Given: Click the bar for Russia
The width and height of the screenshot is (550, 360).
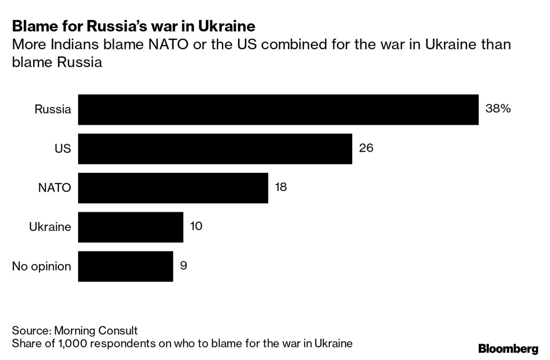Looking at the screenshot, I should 278,110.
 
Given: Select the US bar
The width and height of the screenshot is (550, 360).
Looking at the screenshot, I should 215,149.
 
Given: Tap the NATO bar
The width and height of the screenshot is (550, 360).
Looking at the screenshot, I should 173,188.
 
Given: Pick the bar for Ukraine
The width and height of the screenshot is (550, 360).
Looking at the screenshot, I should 130,227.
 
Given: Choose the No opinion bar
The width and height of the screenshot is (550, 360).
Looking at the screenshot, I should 125,266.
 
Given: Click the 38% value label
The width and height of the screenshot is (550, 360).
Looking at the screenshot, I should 498,109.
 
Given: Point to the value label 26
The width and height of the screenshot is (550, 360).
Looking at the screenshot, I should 366,148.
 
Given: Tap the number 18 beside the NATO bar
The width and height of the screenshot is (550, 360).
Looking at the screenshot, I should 281,187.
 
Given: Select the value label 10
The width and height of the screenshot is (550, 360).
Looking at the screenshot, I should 196,226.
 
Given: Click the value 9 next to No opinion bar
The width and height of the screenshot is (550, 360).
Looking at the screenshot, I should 183,265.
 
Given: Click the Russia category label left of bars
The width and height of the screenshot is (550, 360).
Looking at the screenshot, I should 52,110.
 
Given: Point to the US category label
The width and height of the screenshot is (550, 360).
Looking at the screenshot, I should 63,149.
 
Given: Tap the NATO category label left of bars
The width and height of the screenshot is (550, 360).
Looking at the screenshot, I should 54,188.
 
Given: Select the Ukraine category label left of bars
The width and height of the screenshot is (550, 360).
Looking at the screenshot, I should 50,227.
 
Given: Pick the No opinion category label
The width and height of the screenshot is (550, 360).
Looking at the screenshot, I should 41,267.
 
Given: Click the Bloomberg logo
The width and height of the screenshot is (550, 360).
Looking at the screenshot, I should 508,348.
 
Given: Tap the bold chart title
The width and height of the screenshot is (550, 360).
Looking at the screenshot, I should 134,26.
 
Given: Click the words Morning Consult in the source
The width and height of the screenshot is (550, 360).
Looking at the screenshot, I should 96,331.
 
